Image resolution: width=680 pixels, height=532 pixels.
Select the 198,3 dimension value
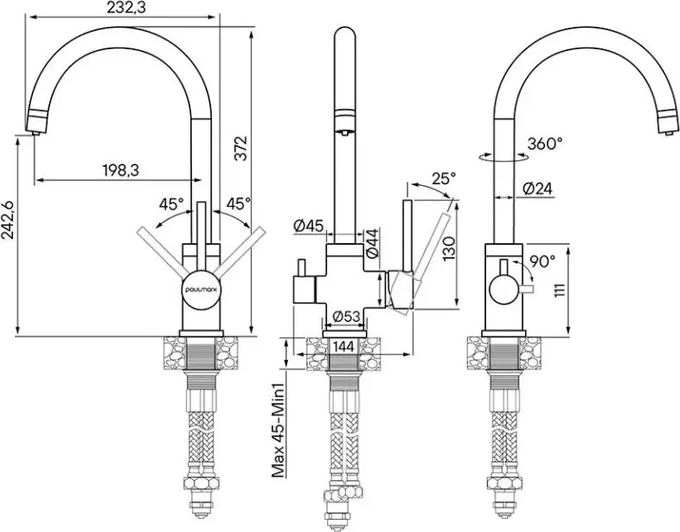tap(120, 170)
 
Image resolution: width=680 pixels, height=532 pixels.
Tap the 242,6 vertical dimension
tap(8, 220)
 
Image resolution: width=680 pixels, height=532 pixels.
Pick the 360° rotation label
tap(545, 143)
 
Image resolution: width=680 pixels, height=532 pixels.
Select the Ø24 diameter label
tap(537, 189)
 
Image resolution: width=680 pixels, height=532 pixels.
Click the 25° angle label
tap(444, 178)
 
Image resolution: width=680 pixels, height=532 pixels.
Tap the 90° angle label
tap(542, 260)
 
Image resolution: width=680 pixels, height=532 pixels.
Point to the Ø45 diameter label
tap(308, 226)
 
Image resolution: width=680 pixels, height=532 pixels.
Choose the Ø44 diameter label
tap(373, 244)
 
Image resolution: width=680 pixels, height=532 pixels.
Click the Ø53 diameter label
tap(347, 317)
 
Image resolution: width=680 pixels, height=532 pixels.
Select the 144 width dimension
tap(344, 346)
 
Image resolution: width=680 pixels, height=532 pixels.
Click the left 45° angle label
tap(171, 204)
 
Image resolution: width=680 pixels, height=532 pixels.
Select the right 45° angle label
tap(239, 203)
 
